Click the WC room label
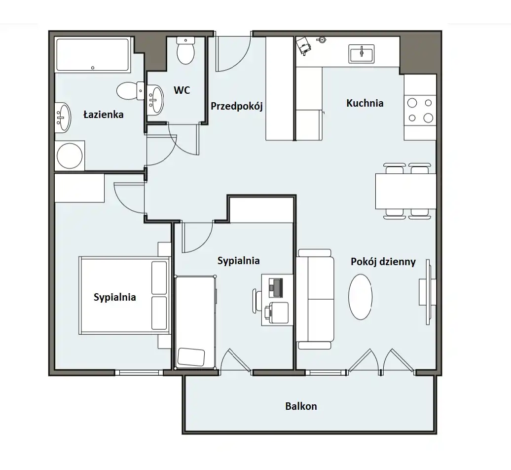(182, 90)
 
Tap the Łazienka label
(104, 115)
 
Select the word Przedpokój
(237, 106)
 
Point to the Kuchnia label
(365, 103)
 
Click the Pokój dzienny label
(383, 262)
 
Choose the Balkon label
(301, 406)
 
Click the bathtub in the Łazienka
(93, 55)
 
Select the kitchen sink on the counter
(362, 53)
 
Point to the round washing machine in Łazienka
(70, 156)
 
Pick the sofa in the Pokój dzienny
(316, 299)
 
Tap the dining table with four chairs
(406, 191)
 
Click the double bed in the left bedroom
(124, 296)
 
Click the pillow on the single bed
(191, 357)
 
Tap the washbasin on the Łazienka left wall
(63, 117)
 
